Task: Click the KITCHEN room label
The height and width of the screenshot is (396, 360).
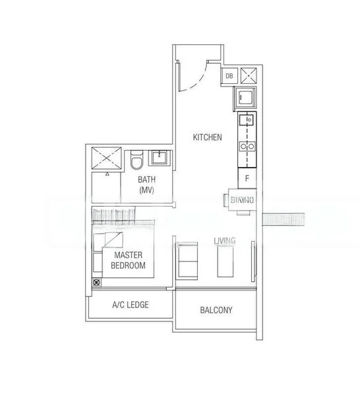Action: point(207,137)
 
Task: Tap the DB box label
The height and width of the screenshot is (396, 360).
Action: point(229,77)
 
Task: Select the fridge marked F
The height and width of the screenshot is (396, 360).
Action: point(247,178)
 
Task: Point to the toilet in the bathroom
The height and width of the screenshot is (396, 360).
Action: point(136,161)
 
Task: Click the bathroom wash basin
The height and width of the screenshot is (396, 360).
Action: point(159,157)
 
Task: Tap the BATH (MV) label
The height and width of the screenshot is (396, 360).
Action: point(146,185)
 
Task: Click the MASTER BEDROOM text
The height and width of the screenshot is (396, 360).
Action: point(129,260)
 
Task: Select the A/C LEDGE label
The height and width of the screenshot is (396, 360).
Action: point(130,305)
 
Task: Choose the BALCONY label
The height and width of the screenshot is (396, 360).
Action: point(216,310)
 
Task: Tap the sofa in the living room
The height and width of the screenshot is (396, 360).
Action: point(187,260)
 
